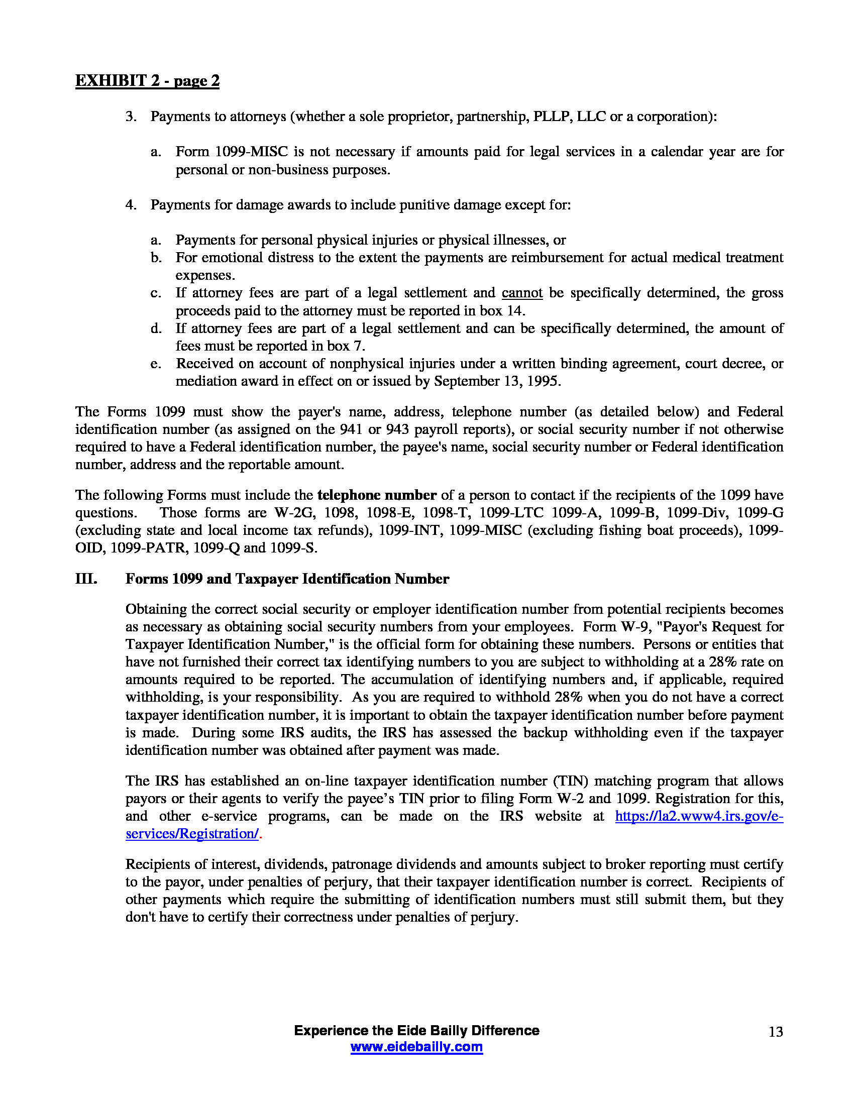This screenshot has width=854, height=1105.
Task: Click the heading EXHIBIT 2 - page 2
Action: click(x=147, y=81)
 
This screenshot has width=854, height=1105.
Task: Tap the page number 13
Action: click(x=776, y=1032)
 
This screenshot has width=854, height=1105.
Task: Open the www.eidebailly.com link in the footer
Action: click(x=416, y=1047)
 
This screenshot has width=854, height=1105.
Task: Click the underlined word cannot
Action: click(x=521, y=293)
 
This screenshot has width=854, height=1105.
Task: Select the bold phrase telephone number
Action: click(x=376, y=495)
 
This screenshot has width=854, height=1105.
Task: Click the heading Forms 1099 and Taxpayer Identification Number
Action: click(x=287, y=579)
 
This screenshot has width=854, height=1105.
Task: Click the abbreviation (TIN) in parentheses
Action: click(x=570, y=781)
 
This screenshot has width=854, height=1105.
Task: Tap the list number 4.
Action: click(x=131, y=205)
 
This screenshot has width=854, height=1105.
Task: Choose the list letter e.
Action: click(x=156, y=364)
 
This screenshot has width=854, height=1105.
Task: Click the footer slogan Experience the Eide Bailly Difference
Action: click(x=416, y=1031)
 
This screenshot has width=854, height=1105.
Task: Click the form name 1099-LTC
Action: click(x=511, y=512)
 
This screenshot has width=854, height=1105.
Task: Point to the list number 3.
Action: click(x=131, y=117)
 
